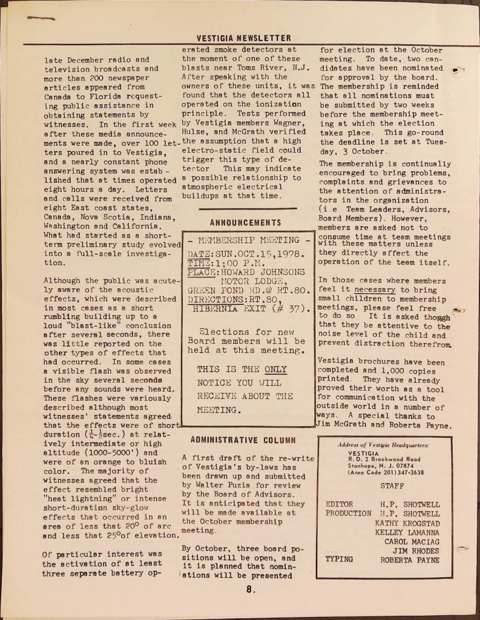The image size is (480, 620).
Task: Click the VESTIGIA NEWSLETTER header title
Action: click(x=245, y=38)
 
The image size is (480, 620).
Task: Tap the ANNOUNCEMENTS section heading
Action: click(x=245, y=223)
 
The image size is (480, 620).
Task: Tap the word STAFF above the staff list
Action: click(x=392, y=486)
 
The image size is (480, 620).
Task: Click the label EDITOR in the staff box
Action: click(x=340, y=504)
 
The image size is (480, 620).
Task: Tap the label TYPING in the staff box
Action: click(x=339, y=559)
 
